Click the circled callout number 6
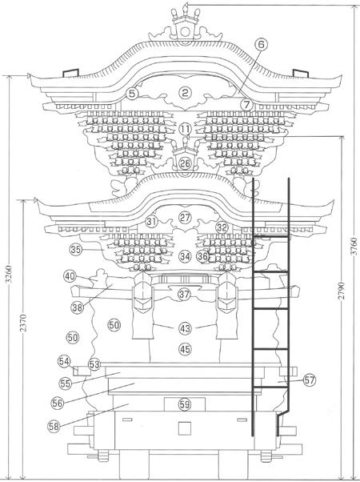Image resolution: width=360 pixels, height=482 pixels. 261,45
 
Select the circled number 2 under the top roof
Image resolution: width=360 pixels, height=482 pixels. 185,93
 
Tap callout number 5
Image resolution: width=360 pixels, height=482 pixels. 132,94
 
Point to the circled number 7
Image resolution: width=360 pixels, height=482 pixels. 246,105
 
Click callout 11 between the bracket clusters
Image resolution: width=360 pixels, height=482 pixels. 185,129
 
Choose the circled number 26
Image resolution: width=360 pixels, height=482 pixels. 185,163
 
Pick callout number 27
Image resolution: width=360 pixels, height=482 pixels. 185,217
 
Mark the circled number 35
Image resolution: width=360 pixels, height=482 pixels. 76,249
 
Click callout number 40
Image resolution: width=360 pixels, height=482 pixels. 70,275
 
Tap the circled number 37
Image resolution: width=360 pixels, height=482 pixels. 184,294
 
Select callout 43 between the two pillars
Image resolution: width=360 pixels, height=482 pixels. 185,328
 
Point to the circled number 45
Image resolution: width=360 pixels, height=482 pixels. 185,349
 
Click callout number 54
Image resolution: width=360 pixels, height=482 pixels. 64,362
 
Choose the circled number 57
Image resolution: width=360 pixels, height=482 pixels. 310,380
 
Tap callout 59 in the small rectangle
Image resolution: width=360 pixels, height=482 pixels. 185,404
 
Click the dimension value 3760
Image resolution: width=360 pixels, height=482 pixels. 354,246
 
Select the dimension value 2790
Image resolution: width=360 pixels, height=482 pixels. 342,291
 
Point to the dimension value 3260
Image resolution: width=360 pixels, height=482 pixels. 10,274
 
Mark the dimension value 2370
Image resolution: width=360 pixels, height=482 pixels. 23,323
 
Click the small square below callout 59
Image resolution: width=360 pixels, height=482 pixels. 185,428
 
